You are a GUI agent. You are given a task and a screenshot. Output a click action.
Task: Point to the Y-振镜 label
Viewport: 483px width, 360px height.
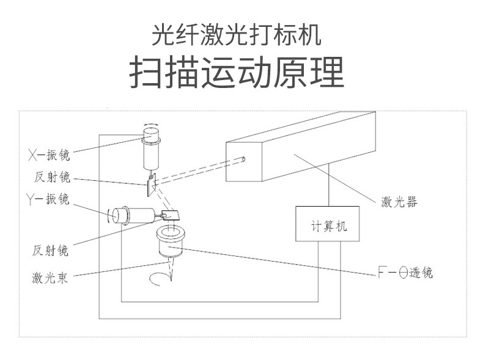[x=48, y=199]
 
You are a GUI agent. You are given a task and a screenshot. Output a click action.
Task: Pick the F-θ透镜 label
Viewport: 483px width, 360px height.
[x=405, y=273]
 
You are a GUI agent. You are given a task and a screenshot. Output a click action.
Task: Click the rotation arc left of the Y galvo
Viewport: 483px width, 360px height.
[x=111, y=216]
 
